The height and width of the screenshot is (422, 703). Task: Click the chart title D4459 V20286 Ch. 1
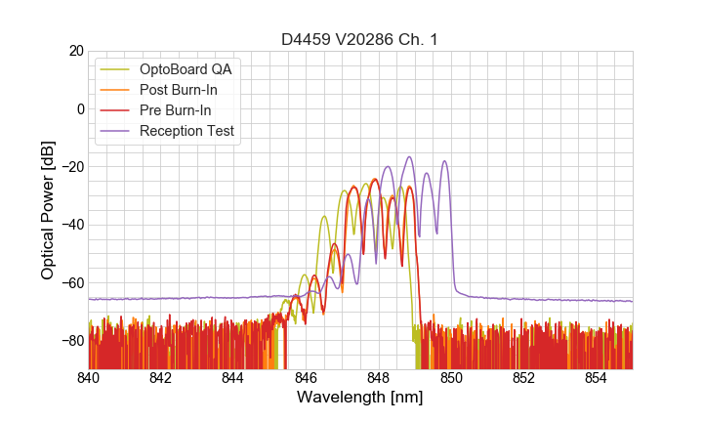(x=360, y=39)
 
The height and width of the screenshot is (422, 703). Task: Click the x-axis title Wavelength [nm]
(x=360, y=398)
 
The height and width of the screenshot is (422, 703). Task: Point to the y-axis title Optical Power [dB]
(x=48, y=210)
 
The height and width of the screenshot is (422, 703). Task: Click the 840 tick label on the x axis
(x=89, y=377)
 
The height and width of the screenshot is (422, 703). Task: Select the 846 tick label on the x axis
(x=307, y=377)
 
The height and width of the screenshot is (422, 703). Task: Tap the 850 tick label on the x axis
(x=451, y=377)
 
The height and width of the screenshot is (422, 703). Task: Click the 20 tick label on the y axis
(x=75, y=51)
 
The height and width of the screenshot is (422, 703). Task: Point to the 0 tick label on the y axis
(x=79, y=108)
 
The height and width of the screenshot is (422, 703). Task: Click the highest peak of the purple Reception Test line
(x=410, y=156)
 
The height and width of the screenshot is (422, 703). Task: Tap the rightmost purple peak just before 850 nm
(x=445, y=161)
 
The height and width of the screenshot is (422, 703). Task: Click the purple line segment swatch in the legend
(x=116, y=131)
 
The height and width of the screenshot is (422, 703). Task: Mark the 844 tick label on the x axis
(x=234, y=377)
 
